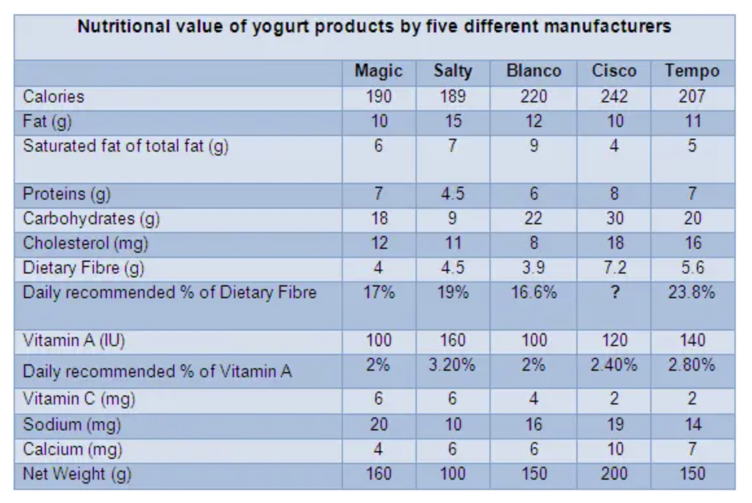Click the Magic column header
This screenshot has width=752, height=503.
(379, 71)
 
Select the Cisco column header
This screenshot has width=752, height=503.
(614, 71)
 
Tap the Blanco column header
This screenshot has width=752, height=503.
(534, 71)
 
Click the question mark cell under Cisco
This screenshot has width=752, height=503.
(614, 292)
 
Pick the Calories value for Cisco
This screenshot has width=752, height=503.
(614, 97)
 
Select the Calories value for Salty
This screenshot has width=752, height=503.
(452, 97)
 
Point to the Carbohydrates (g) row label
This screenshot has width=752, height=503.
(91, 218)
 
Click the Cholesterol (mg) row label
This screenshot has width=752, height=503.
(86, 243)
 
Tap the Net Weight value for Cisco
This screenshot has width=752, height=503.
(614, 474)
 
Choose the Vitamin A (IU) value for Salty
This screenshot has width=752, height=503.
(452, 340)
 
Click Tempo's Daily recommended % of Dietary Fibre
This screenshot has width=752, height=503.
(692, 292)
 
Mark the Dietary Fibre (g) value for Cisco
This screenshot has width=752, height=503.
(614, 268)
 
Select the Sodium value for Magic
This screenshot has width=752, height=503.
(379, 425)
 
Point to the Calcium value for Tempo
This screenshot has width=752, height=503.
(692, 449)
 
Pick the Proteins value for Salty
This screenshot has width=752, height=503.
(452, 194)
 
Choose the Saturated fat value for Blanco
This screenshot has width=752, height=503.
(534, 146)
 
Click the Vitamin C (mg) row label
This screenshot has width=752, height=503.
(79, 400)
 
